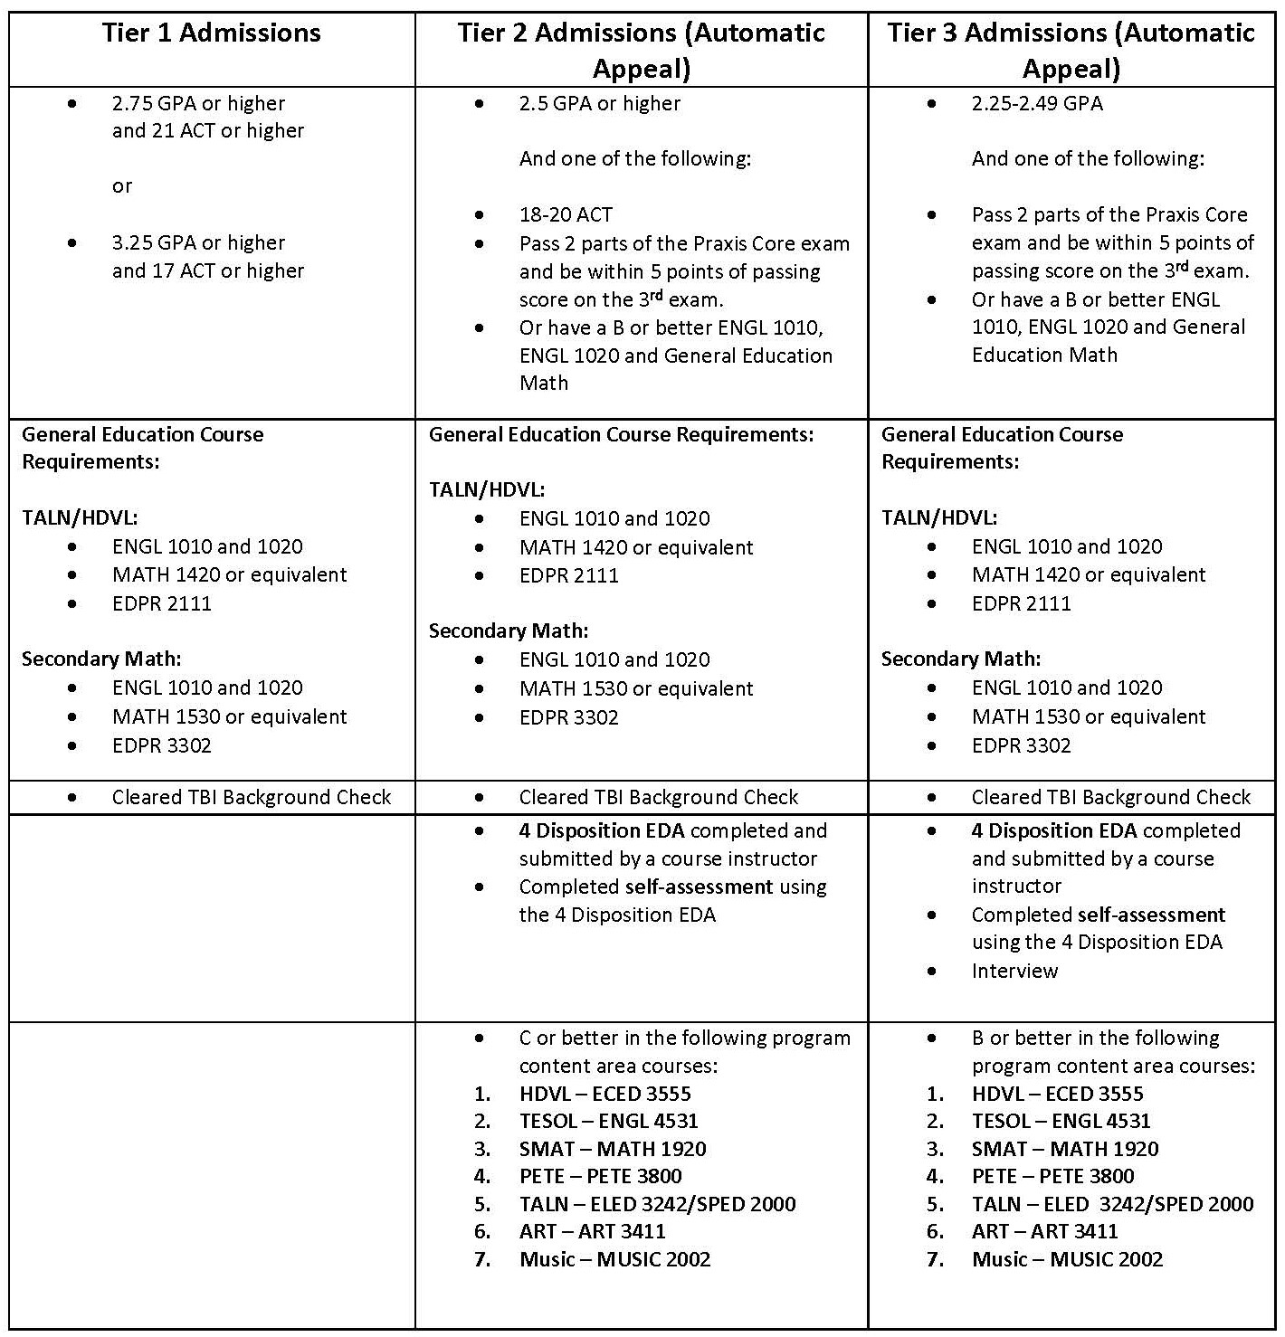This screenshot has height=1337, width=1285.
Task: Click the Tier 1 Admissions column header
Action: click(x=211, y=33)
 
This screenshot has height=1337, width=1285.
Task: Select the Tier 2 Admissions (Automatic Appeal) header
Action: click(x=641, y=51)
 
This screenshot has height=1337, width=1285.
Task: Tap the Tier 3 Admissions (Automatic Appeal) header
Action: click(x=1071, y=51)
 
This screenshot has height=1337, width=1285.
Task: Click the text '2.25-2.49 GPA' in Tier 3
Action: click(x=1037, y=103)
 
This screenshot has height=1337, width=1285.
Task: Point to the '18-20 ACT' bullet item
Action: click(x=566, y=215)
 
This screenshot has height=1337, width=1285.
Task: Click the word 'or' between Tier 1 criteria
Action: click(x=122, y=186)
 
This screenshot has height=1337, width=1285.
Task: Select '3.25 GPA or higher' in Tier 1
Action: click(x=198, y=243)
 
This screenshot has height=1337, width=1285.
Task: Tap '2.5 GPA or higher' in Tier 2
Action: click(x=599, y=103)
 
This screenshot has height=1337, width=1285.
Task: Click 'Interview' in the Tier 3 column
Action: click(x=1014, y=971)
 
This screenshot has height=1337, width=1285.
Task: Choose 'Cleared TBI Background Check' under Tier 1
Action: click(x=251, y=797)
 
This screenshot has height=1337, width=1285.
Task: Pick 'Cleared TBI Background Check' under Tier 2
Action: click(x=658, y=797)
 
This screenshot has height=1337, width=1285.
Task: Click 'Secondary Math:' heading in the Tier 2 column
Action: click(x=508, y=631)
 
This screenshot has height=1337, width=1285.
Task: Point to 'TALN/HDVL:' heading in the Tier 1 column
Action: click(x=80, y=517)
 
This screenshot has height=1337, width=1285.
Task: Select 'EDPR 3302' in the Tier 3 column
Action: click(x=1021, y=745)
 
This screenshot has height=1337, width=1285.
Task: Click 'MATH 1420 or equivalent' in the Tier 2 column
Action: click(x=635, y=547)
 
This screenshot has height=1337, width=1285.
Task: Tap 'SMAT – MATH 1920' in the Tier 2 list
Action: click(x=612, y=1149)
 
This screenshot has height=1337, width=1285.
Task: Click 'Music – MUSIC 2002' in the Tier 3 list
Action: click(x=1067, y=1259)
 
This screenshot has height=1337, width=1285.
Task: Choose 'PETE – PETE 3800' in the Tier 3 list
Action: click(x=1052, y=1176)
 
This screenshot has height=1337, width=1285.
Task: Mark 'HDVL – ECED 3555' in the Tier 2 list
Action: click(x=604, y=1094)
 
